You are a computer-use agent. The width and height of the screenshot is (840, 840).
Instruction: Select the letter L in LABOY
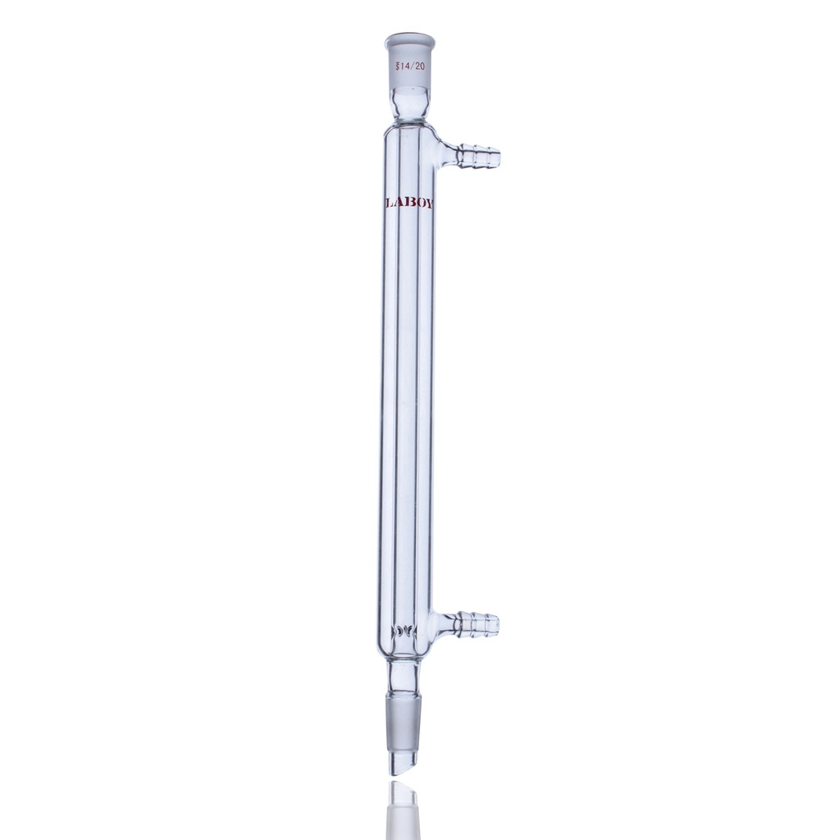click(389, 203)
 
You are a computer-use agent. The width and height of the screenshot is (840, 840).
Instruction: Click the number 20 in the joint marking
click(420, 66)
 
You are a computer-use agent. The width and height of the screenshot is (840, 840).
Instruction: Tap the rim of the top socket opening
click(409, 38)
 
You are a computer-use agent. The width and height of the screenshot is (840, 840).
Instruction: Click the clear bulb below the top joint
click(409, 103)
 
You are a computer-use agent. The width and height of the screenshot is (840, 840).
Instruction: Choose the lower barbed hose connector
click(477, 624)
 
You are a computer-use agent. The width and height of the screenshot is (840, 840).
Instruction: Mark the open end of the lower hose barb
click(497, 624)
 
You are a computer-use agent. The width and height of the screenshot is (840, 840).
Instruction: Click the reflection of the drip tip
click(403, 808)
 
